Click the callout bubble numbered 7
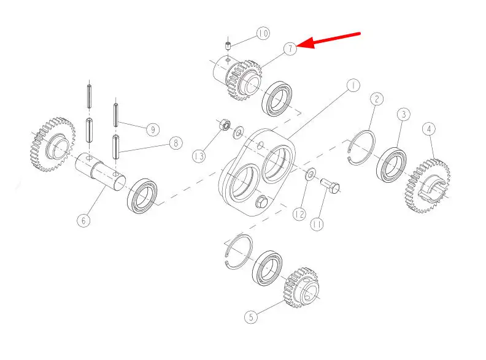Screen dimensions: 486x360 pyautogui.click(x=290, y=49)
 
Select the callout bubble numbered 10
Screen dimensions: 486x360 pyautogui.click(x=263, y=34)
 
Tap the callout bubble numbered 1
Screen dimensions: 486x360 pyautogui.click(x=353, y=85)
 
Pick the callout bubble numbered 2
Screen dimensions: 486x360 pyautogui.click(x=377, y=99)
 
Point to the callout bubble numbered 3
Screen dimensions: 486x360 pyautogui.click(x=404, y=114)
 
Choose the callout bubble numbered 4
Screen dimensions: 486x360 pyautogui.click(x=429, y=129)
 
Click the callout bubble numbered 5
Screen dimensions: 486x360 pyautogui.click(x=251, y=317)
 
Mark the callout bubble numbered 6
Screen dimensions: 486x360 pyautogui.click(x=83, y=221)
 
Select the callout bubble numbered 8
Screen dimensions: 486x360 pyautogui.click(x=176, y=143)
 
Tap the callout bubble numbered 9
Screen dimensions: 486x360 pyautogui.click(x=153, y=129)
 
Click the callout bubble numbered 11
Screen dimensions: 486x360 pyautogui.click(x=317, y=224)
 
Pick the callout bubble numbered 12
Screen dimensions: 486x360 pyautogui.click(x=299, y=214)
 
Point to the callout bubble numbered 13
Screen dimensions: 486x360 pyautogui.click(x=199, y=156)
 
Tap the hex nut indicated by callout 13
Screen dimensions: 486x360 pyautogui.click(x=225, y=125)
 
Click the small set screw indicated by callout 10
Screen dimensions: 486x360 pyautogui.click(x=228, y=46)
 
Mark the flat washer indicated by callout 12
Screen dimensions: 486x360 pyautogui.click(x=310, y=174)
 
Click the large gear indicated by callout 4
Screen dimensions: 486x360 pyautogui.click(x=428, y=186)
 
